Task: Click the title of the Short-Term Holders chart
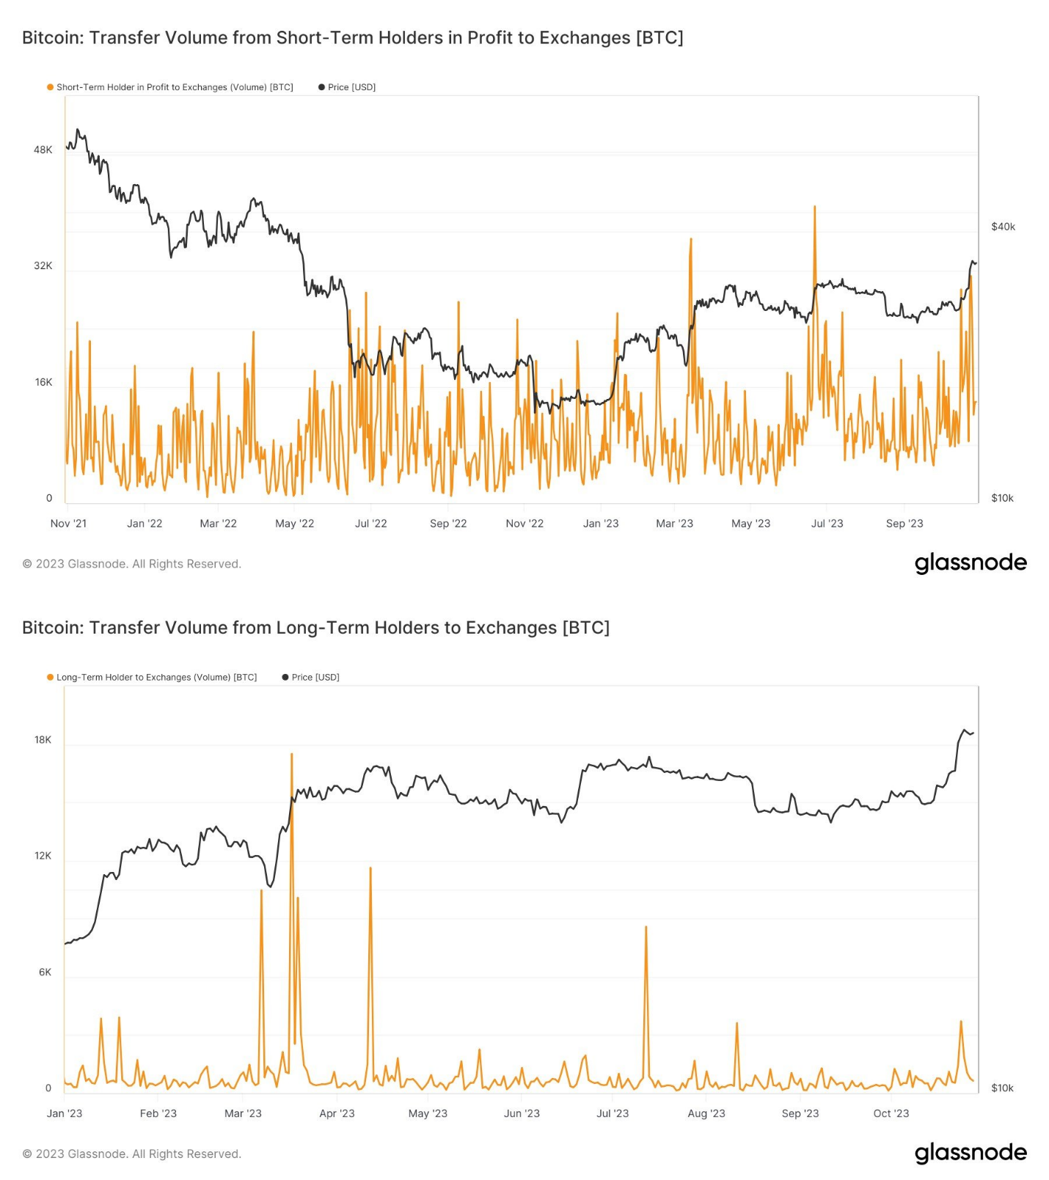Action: (352, 37)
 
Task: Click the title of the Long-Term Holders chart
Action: (315, 628)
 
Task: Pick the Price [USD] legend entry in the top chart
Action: (351, 87)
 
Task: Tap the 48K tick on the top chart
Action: (43, 150)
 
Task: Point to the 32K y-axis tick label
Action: (43, 265)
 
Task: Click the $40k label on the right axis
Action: (1003, 227)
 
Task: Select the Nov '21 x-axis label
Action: (68, 524)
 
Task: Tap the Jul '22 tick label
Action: (370, 524)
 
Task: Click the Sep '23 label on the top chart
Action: (904, 524)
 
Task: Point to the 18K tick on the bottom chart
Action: (43, 740)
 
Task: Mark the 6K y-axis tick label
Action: (45, 972)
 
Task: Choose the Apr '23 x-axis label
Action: (337, 1113)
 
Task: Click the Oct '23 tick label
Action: (891, 1113)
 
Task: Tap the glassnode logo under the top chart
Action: (970, 562)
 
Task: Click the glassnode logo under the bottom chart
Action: (970, 1152)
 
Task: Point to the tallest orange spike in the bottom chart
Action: (291, 755)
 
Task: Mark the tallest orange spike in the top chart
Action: (814, 208)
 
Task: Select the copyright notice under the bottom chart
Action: (131, 1154)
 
